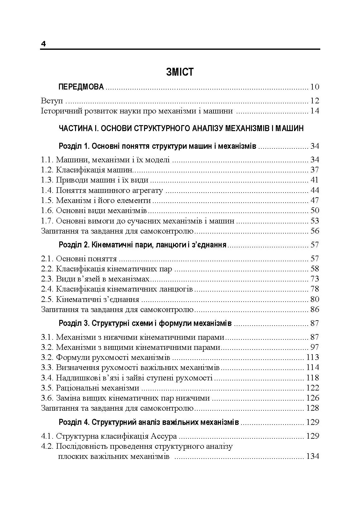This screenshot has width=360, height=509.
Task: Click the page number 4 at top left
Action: coord(44,44)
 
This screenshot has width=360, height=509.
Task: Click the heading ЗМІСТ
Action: coord(180,72)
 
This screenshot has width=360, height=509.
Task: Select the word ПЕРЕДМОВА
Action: coord(81,87)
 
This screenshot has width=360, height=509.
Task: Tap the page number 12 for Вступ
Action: coord(314,101)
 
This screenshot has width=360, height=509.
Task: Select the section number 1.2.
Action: coord(47,170)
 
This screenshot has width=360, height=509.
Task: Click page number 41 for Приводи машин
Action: coord(314,180)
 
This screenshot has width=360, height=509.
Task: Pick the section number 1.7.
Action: coord(47,221)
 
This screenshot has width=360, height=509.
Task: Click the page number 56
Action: coord(315,231)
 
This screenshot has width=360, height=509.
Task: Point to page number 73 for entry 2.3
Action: coord(315,279)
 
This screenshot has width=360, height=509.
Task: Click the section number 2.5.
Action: coord(47,299)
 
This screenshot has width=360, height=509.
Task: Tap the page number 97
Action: coord(315,347)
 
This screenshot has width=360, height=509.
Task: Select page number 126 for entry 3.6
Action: coord(312,398)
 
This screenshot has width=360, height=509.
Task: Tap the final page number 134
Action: coord(312,456)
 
